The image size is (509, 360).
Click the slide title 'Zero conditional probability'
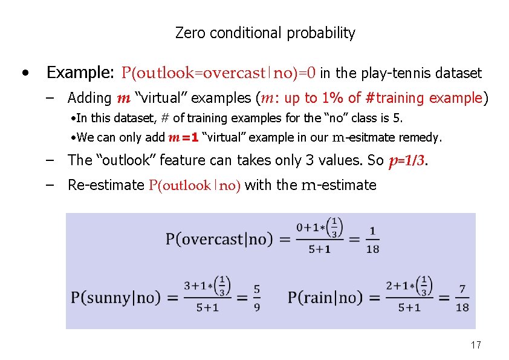tap(265, 33)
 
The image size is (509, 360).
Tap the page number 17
tap(476, 345)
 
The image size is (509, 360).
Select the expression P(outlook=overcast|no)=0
tap(218, 73)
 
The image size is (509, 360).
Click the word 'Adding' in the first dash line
tap(89, 97)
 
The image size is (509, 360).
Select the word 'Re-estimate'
tap(106, 185)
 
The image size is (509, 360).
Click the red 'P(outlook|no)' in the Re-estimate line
tap(195, 185)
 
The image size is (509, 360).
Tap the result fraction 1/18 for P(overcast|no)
tap(373, 239)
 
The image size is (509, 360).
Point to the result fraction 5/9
tap(257, 298)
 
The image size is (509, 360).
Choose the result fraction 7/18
tap(462, 298)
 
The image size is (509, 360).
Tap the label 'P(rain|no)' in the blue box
tap(325, 298)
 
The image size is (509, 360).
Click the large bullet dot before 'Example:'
tap(24, 74)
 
